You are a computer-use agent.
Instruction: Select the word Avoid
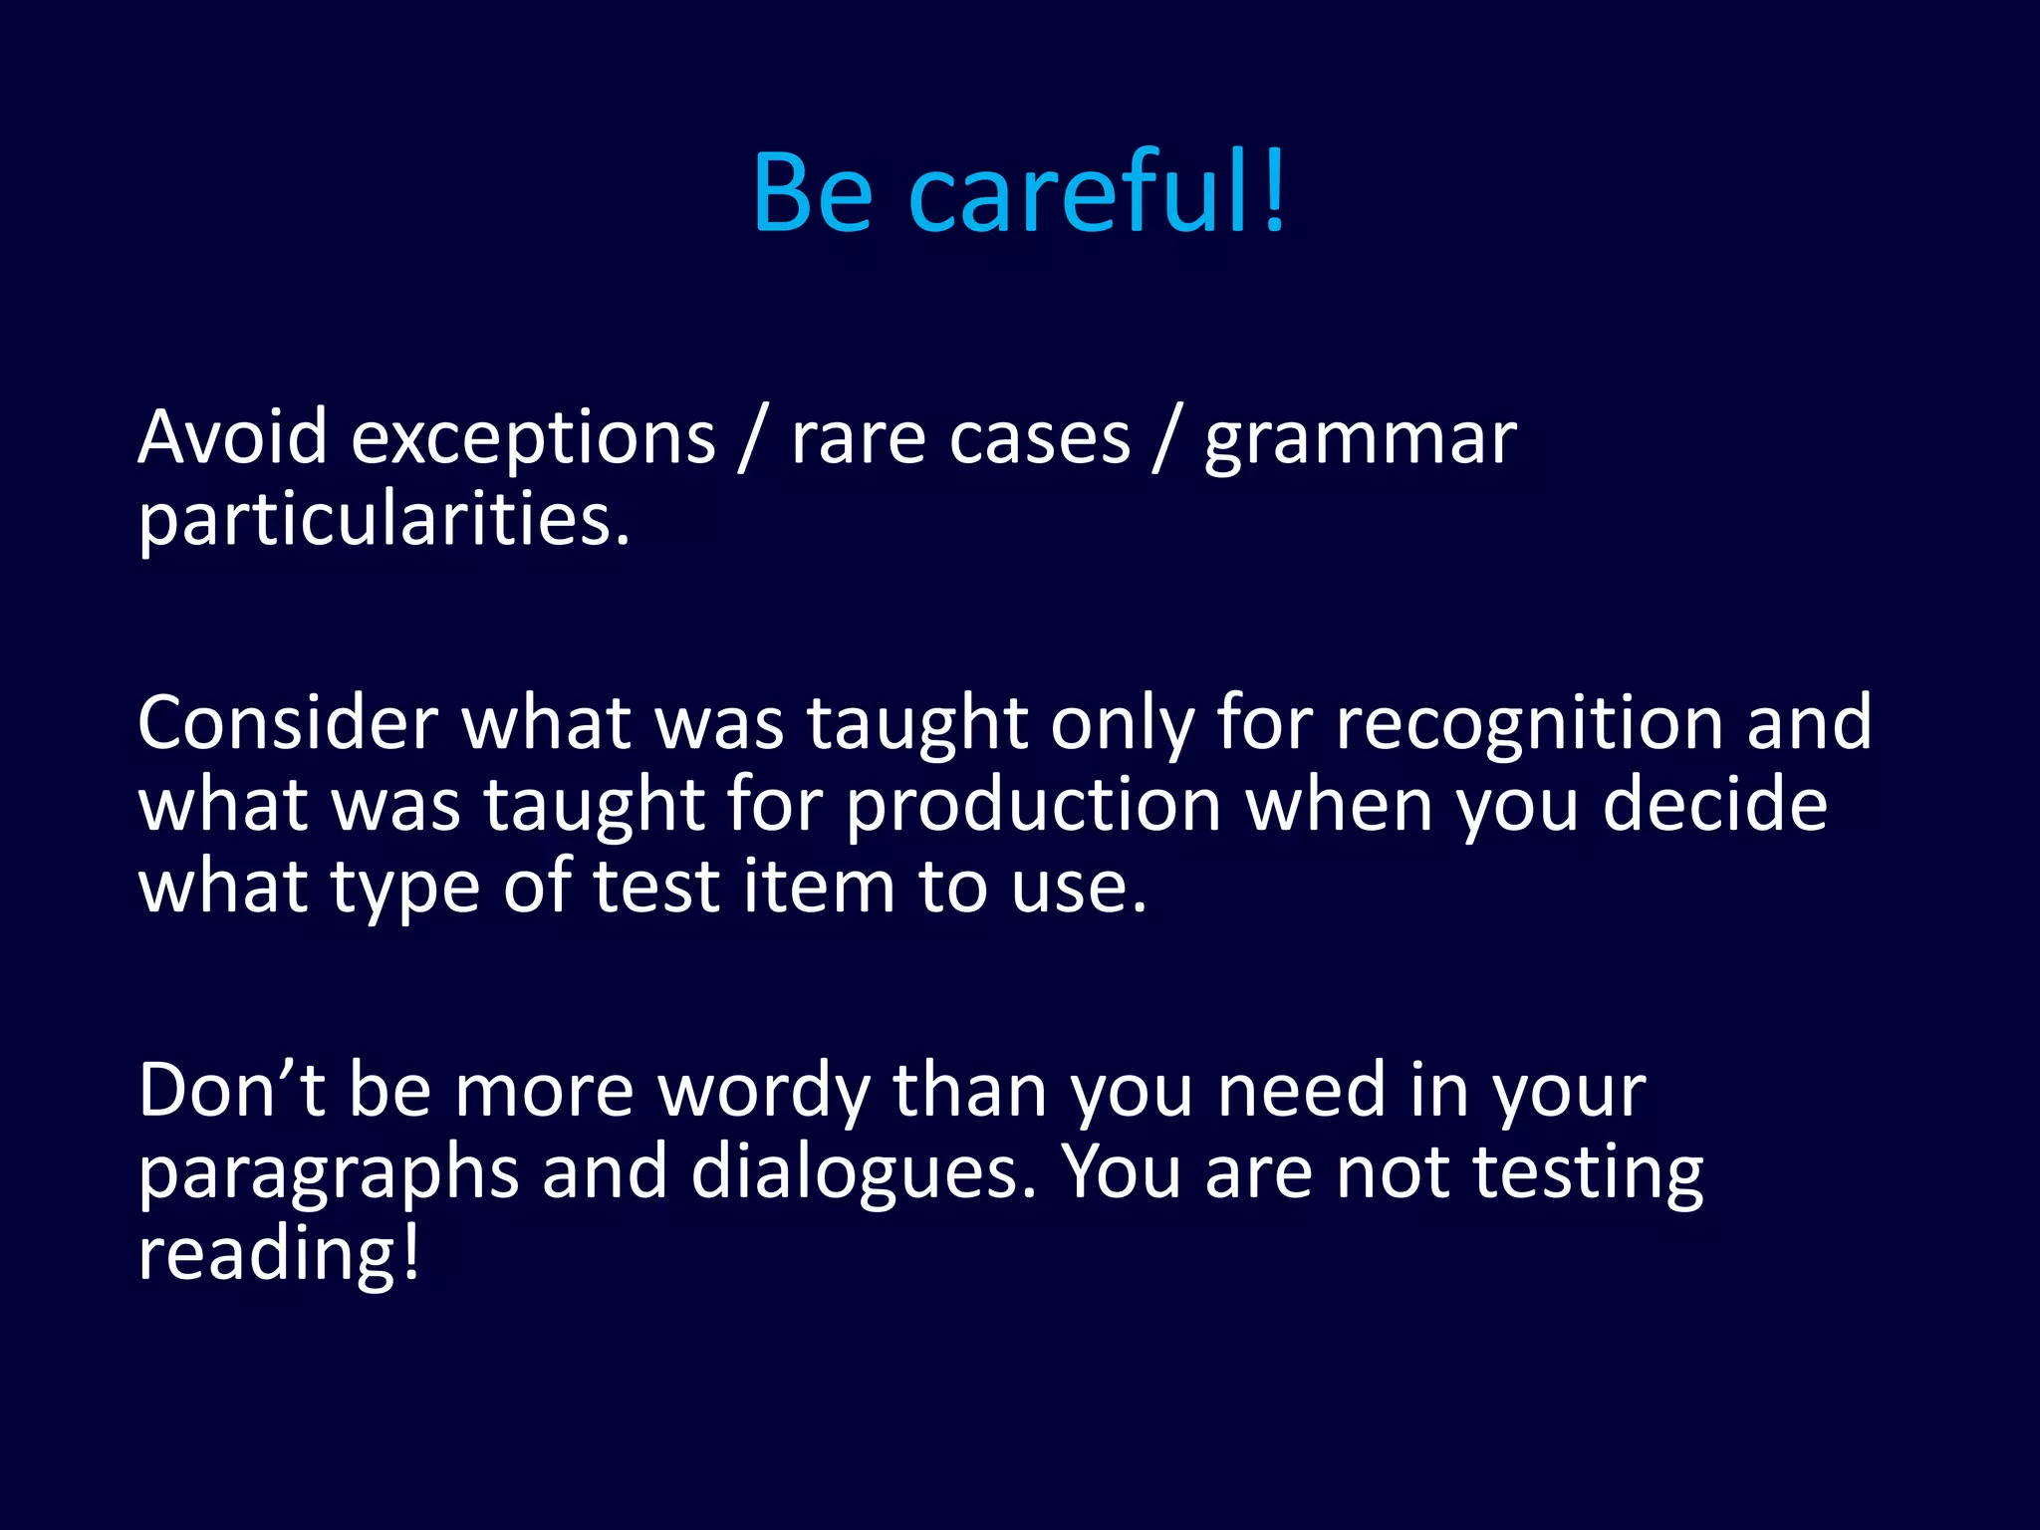tap(232, 438)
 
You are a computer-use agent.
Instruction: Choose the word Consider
tap(288, 723)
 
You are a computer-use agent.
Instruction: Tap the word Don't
tap(231, 1091)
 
